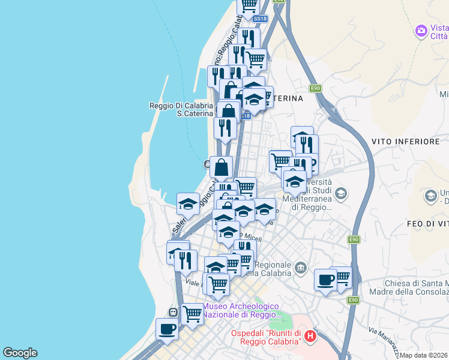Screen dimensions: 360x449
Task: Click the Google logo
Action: [x=20, y=353]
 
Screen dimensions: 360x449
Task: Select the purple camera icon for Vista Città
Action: [x=421, y=30]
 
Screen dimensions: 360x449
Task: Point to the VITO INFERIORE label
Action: [x=406, y=142]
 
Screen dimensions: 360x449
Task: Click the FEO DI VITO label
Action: [x=427, y=223]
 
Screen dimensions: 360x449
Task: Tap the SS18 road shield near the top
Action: [x=259, y=19]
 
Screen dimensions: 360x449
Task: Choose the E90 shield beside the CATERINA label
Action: [x=316, y=88]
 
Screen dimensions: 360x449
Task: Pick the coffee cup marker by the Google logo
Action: [x=167, y=328]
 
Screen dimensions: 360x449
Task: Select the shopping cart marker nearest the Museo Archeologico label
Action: [x=193, y=313]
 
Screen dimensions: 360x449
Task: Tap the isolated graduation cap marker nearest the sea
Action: [x=188, y=203]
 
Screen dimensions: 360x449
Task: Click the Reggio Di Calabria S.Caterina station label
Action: [x=181, y=109]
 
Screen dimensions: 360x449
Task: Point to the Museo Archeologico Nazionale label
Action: [x=242, y=310]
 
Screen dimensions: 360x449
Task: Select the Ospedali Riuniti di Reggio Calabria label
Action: [x=266, y=337]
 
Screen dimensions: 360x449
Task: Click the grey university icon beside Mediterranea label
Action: [x=341, y=193]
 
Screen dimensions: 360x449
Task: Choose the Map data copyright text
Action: [x=424, y=355]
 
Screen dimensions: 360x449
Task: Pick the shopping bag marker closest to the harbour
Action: [x=221, y=168]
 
